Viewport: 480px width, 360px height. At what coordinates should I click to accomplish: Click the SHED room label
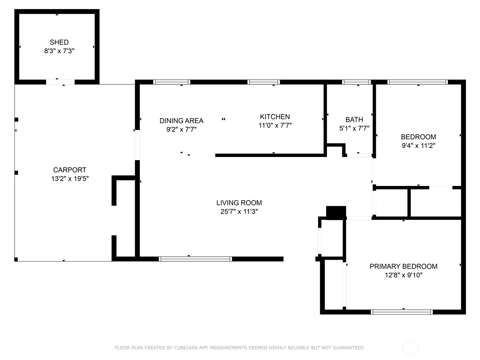pyautogui.click(x=59, y=42)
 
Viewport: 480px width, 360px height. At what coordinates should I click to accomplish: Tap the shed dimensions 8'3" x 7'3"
pyautogui.click(x=59, y=51)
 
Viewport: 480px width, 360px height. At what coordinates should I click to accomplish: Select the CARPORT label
pyautogui.click(x=70, y=170)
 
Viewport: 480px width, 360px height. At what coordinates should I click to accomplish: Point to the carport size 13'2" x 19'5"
pyautogui.click(x=70, y=178)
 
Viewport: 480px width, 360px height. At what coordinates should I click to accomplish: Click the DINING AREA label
pyautogui.click(x=181, y=121)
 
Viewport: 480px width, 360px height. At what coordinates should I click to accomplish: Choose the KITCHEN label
pyautogui.click(x=275, y=117)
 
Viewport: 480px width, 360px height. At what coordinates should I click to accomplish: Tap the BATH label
pyautogui.click(x=354, y=120)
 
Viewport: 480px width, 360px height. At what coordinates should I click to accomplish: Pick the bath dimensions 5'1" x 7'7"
pyautogui.click(x=354, y=128)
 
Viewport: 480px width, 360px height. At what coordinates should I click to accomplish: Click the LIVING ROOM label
pyautogui.click(x=239, y=203)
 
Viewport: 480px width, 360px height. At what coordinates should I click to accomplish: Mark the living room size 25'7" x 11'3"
pyautogui.click(x=239, y=211)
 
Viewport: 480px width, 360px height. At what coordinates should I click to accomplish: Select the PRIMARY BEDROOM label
pyautogui.click(x=403, y=266)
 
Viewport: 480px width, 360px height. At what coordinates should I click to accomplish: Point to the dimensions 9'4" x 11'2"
pyautogui.click(x=418, y=145)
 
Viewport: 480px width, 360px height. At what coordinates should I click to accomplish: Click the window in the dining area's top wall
pyautogui.click(x=172, y=82)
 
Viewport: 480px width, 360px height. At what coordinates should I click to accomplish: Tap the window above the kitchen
pyautogui.click(x=264, y=82)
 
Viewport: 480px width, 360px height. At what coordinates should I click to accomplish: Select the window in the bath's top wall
pyautogui.click(x=356, y=82)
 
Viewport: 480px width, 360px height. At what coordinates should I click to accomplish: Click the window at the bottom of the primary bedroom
pyautogui.click(x=402, y=312)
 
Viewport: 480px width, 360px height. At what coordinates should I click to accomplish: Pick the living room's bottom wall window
pyautogui.click(x=195, y=259)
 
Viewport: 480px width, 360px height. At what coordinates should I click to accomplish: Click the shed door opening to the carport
pyautogui.click(x=60, y=82)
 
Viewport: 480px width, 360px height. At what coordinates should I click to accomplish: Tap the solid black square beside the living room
pyautogui.click(x=336, y=213)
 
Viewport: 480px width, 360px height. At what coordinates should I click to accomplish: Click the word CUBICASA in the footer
pyautogui.click(x=186, y=347)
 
